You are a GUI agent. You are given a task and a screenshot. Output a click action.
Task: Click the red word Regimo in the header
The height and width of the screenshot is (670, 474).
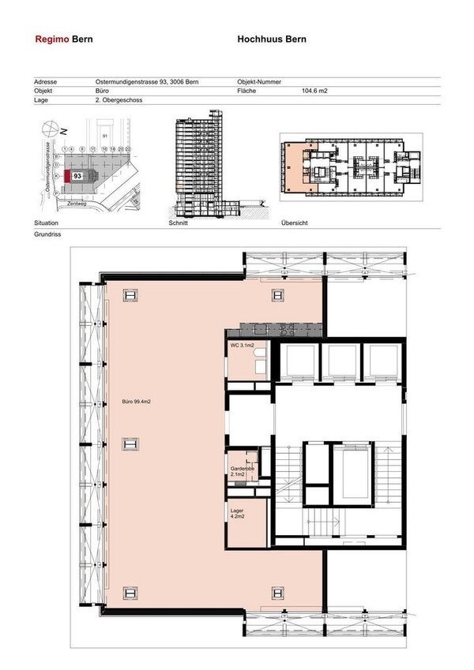tap(52, 39)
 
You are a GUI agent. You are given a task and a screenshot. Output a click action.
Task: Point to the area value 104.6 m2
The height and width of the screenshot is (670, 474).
tap(314, 92)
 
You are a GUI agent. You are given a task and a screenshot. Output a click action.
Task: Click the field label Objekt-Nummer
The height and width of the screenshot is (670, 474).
tap(258, 82)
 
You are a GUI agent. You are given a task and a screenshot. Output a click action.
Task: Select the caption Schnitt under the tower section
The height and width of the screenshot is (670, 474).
tap(179, 224)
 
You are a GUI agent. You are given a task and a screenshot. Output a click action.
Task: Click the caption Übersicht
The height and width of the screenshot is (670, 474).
tap(294, 224)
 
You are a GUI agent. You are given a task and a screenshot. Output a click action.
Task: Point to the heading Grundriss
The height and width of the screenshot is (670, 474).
tap(47, 234)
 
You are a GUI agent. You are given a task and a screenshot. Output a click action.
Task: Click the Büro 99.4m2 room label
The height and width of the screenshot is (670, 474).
tap(135, 402)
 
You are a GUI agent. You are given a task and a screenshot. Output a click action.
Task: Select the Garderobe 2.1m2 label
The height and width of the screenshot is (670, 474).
tap(243, 471)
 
